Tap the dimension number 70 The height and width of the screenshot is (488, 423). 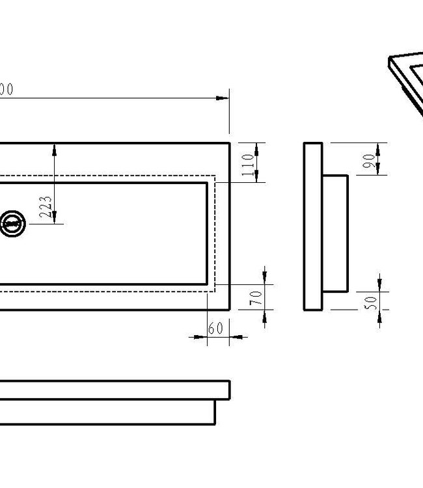coord(256,297)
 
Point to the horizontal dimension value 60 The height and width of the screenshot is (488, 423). coord(215,329)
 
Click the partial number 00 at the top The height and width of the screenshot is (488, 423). coord(7,90)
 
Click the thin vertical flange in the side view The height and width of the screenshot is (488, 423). coord(312,226)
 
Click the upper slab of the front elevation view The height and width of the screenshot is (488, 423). coord(114,390)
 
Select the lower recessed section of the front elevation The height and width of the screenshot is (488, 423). coord(107,411)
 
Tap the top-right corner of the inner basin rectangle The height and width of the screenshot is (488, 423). coord(207,183)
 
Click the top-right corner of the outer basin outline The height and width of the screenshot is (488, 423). coord(230,143)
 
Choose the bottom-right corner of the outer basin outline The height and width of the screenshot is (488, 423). coord(230,309)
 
